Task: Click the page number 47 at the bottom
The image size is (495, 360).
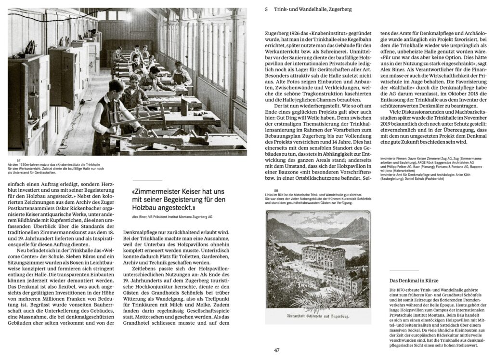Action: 276,350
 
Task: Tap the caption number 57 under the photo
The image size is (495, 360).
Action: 19,160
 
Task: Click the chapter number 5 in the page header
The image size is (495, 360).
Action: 266,9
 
